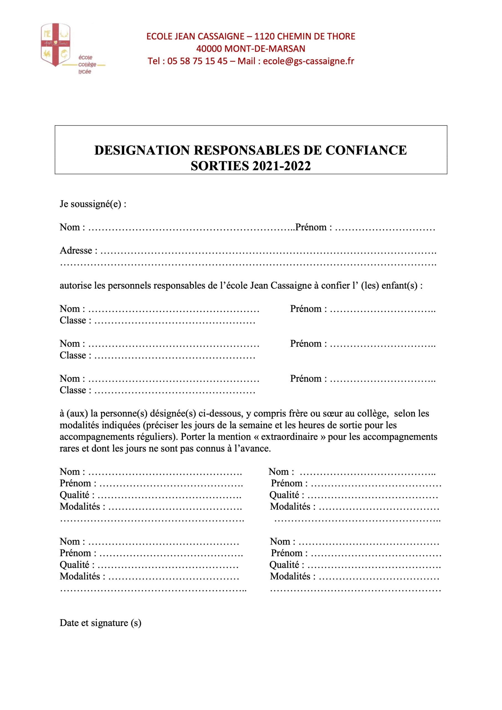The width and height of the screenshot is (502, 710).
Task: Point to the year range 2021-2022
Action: point(282,166)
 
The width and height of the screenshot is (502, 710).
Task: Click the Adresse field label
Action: point(76,250)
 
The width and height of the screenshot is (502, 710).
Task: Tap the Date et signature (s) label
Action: point(100,623)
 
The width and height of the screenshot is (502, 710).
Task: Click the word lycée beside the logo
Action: point(85,72)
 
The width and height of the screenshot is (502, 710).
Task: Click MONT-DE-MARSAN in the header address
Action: point(265,49)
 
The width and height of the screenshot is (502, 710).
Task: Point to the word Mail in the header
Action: point(246,61)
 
